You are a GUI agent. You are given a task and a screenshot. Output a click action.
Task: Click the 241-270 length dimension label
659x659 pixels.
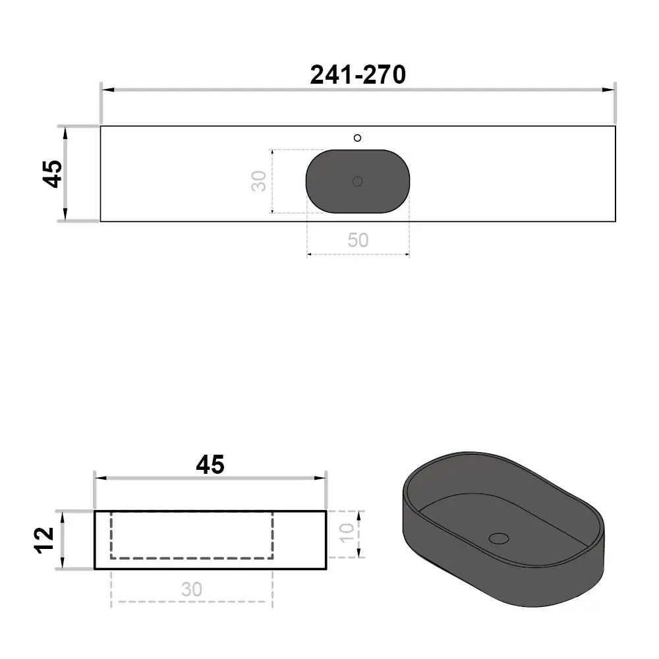click(358, 75)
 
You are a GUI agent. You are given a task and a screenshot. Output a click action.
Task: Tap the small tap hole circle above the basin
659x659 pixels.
click(357, 138)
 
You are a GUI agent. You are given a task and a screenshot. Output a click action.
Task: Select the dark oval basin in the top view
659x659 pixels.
click(358, 181)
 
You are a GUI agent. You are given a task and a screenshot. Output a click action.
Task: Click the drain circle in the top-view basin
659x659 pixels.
click(357, 182)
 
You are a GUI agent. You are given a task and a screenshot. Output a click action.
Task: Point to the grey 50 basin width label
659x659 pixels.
click(358, 240)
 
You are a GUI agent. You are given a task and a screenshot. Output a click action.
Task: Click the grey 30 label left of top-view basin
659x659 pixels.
click(259, 181)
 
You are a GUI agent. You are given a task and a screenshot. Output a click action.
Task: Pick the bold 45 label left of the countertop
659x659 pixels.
click(53, 173)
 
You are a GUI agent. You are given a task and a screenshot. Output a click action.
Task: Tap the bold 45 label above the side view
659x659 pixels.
click(210, 465)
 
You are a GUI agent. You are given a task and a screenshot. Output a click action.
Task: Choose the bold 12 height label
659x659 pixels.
click(44, 540)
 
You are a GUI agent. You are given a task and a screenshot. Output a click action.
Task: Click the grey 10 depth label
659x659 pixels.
click(347, 533)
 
